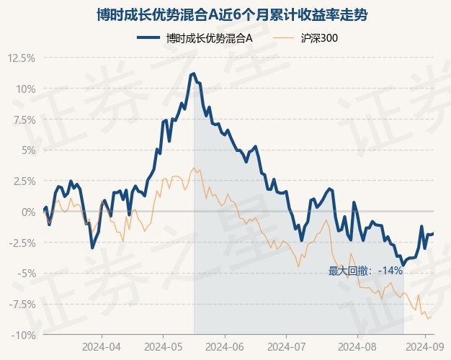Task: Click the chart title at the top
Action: pyautogui.click(x=232, y=15)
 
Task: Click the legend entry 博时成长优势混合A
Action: pyautogui.click(x=209, y=38)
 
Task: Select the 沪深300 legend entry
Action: pyautogui.click(x=319, y=38)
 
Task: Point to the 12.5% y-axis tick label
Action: pyautogui.click(x=22, y=58)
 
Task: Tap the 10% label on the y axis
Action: pyautogui.click(x=26, y=89)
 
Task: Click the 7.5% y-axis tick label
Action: pyautogui.click(x=24, y=120)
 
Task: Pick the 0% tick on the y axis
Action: pyautogui.click(x=29, y=212)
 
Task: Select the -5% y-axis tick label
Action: pyautogui.click(x=27, y=274)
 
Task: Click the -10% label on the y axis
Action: pyautogui.click(x=24, y=336)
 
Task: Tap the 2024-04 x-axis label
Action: pyautogui.click(x=102, y=347)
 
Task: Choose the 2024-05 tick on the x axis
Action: pyautogui.click(x=163, y=347)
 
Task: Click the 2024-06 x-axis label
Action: pyautogui.click(x=225, y=347)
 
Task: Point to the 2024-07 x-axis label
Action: pyautogui.click(x=287, y=347)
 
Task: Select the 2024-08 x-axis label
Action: pyautogui.click(x=357, y=347)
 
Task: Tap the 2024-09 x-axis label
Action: pyautogui.click(x=425, y=347)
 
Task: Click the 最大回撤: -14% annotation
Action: pyautogui.click(x=365, y=271)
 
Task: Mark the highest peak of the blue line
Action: pyautogui.click(x=194, y=73)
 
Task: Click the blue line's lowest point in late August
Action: pyautogui.click(x=403, y=264)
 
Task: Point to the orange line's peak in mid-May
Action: pyautogui.click(x=194, y=168)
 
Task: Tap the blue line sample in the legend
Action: pyautogui.click(x=148, y=37)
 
